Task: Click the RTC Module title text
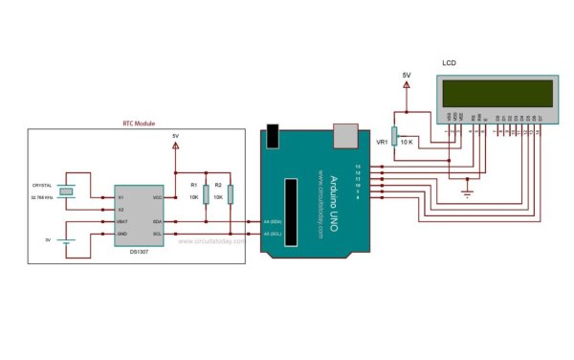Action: [139, 124]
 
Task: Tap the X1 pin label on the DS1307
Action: [121, 196]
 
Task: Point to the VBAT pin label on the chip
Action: [122, 221]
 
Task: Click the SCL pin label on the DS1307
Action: [157, 234]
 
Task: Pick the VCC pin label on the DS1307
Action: [157, 196]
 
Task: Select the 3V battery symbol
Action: [64, 239]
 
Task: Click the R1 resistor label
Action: [193, 184]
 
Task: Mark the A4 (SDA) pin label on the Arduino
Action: [274, 222]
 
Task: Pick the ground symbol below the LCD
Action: [467, 194]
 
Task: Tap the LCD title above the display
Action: [449, 63]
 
